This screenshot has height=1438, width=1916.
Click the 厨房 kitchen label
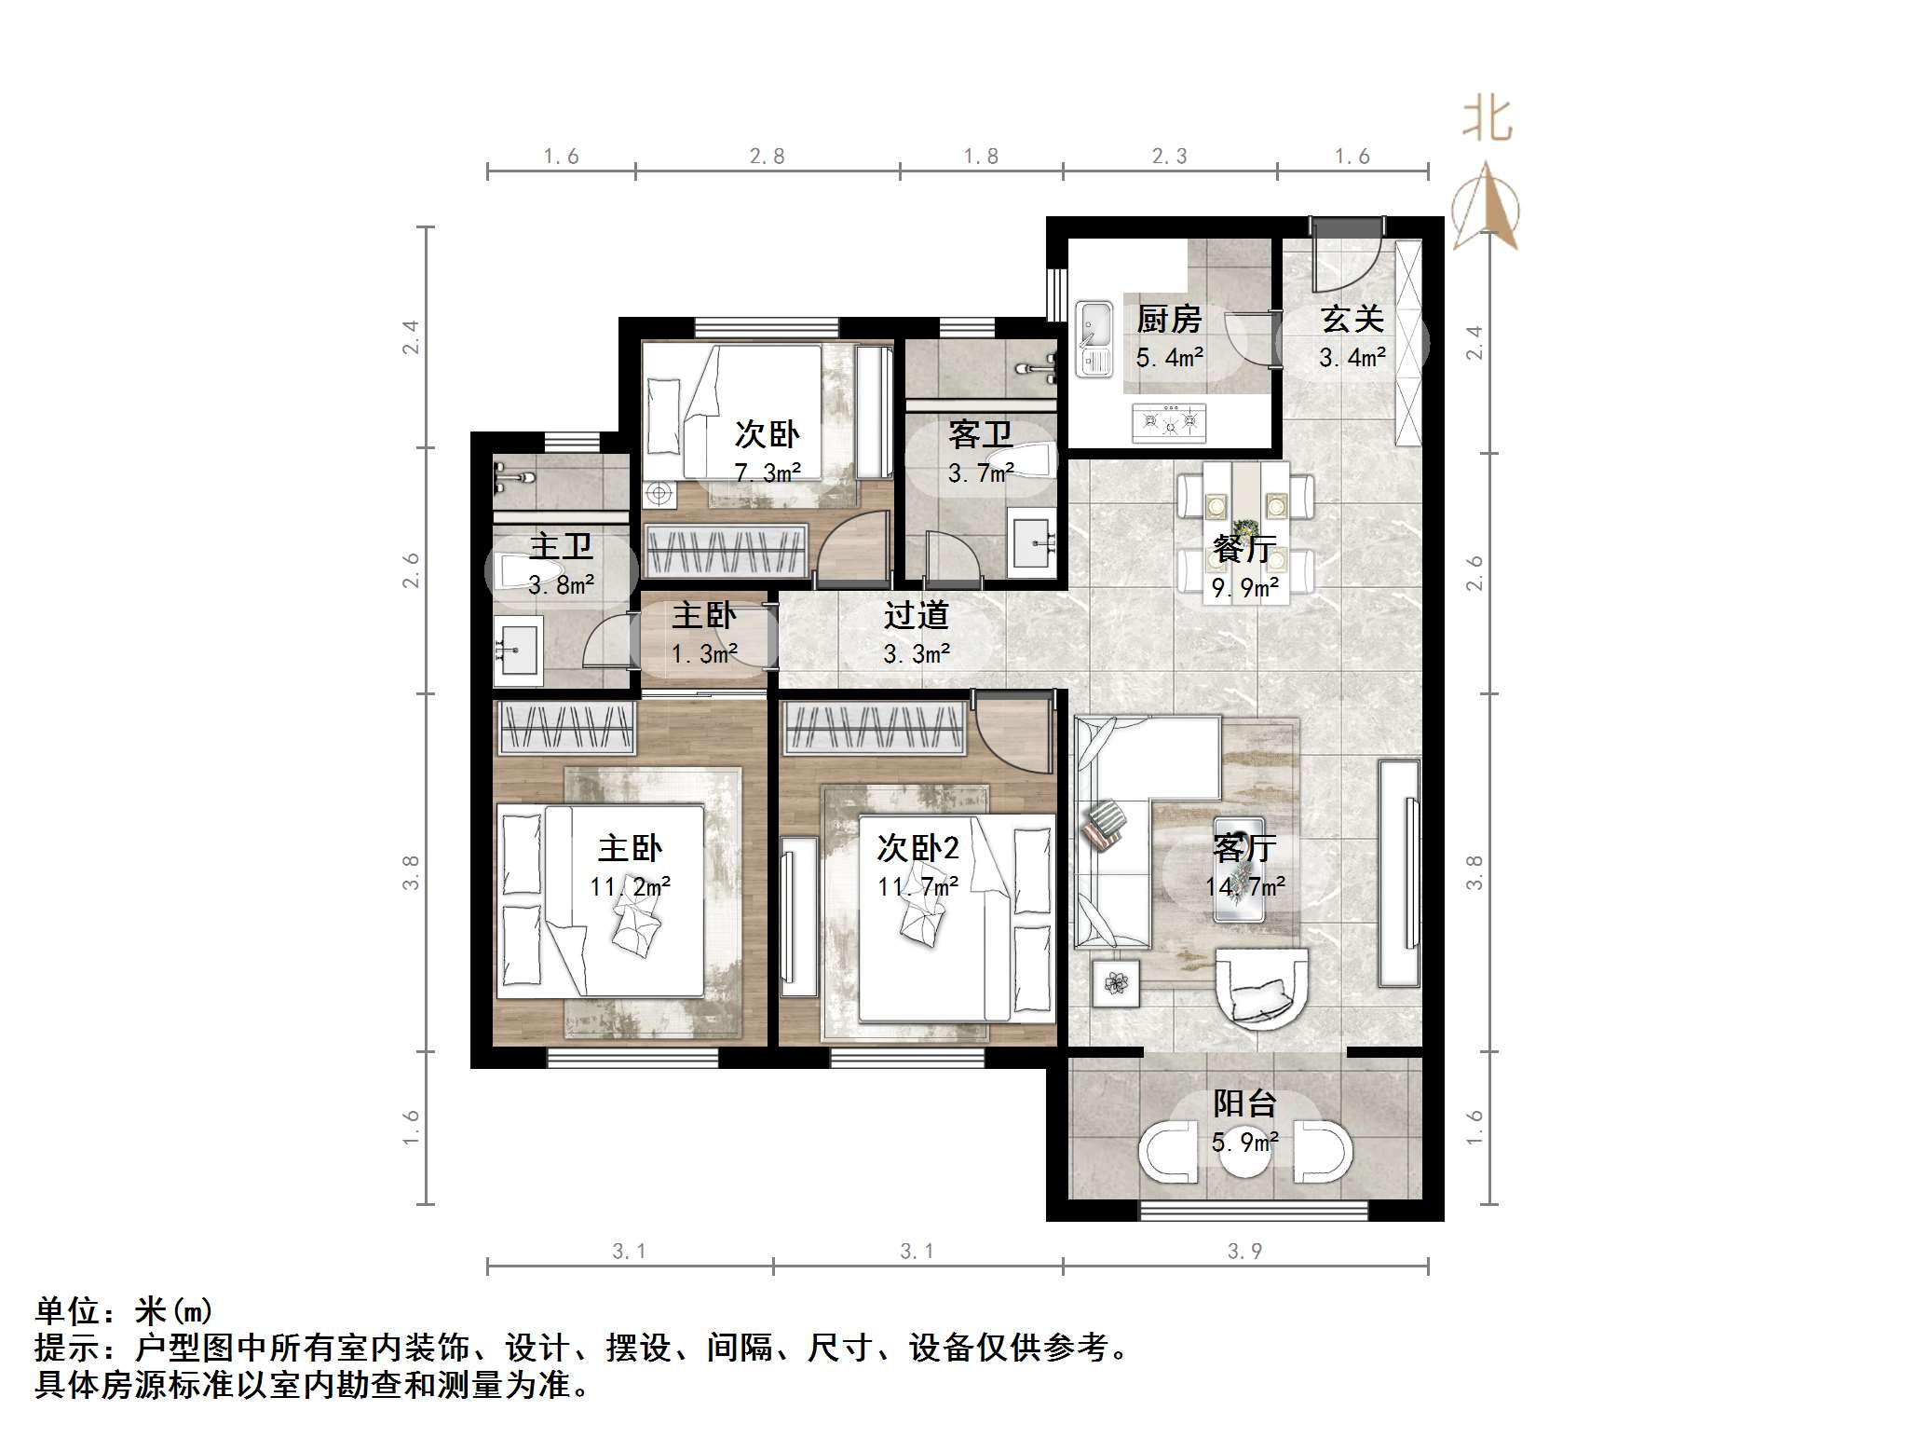pyautogui.click(x=1169, y=320)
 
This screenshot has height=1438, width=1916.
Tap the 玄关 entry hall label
pyautogui.click(x=1352, y=320)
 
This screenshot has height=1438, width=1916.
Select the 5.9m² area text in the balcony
pyautogui.click(x=1244, y=1142)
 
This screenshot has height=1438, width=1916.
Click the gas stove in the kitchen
pyautogui.click(x=1170, y=423)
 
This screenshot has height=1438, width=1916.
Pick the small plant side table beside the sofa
pyautogui.click(x=1115, y=982)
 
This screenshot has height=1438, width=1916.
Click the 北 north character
pyautogui.click(x=1487, y=121)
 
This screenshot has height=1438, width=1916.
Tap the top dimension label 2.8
pyautogui.click(x=767, y=157)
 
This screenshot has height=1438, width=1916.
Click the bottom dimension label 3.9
pyautogui.click(x=1244, y=1251)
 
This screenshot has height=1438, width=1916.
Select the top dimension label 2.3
pyautogui.click(x=1169, y=157)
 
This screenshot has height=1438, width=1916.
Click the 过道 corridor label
pyautogui.click(x=916, y=615)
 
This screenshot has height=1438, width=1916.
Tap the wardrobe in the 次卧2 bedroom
pyautogui.click(x=874, y=728)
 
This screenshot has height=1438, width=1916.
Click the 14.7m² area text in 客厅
pyautogui.click(x=1244, y=886)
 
